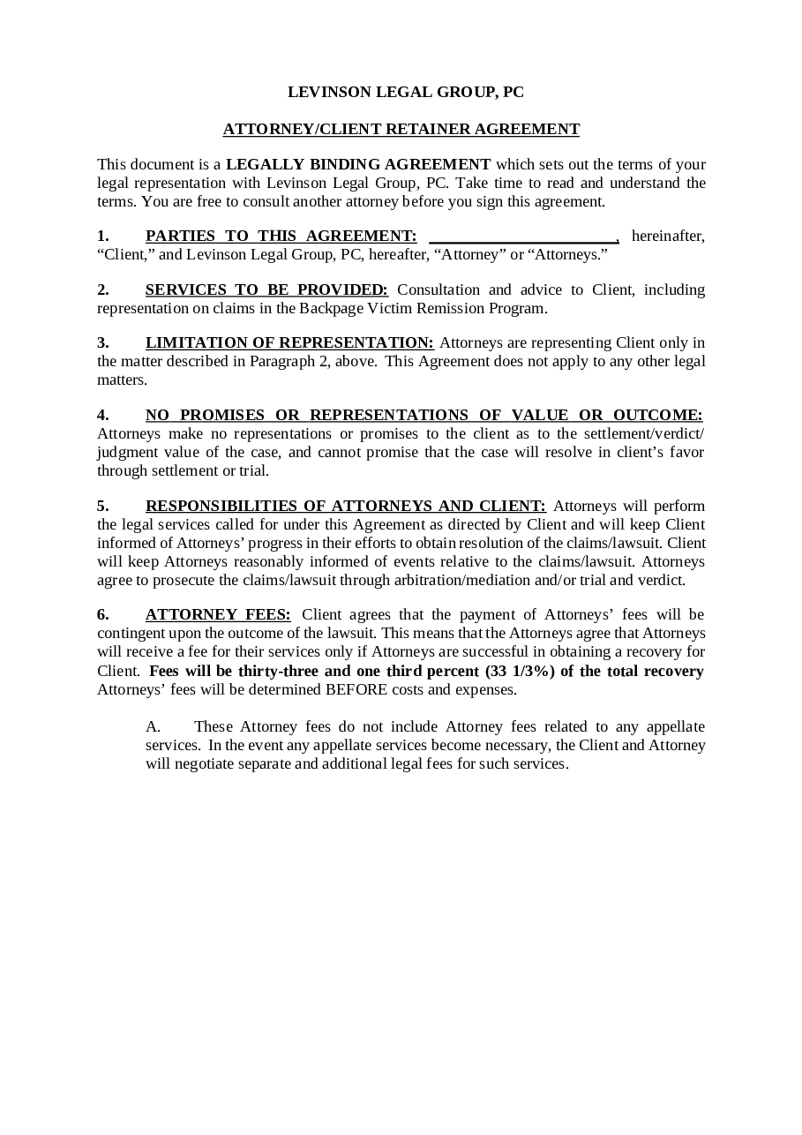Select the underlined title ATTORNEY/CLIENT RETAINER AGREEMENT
[x=401, y=129]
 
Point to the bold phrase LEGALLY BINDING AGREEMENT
[x=358, y=164]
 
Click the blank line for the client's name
[x=523, y=237]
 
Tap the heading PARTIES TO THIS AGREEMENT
[x=281, y=236]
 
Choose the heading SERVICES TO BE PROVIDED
[x=266, y=289]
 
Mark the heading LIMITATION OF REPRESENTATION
[x=289, y=342]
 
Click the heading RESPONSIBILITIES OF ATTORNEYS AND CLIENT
[x=346, y=506]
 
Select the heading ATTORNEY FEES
[x=218, y=614]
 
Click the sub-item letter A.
[x=153, y=726]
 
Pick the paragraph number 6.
[x=102, y=614]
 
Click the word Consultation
[x=438, y=289]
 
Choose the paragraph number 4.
[x=102, y=415]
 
